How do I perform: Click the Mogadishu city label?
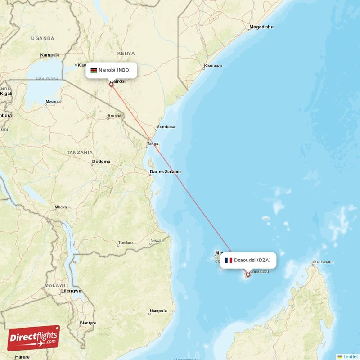[261, 27]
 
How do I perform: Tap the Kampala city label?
[49, 55]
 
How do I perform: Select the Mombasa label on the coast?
[165, 127]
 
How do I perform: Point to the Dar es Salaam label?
[165, 171]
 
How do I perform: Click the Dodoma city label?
[101, 162]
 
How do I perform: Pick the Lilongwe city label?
[71, 291]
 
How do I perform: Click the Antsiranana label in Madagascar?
[323, 262]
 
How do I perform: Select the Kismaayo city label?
[213, 66]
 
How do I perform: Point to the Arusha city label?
[114, 116]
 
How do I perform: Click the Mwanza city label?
[53, 102]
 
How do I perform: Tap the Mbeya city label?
[60, 207]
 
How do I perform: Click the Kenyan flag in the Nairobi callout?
[94, 70]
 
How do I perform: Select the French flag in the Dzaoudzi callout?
[229, 260]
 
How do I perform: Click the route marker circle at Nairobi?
[111, 84]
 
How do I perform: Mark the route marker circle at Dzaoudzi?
[247, 274]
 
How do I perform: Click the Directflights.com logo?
[33, 338]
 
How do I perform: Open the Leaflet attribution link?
[350, 356]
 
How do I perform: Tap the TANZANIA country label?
[80, 153]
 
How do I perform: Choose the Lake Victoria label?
[47, 79]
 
